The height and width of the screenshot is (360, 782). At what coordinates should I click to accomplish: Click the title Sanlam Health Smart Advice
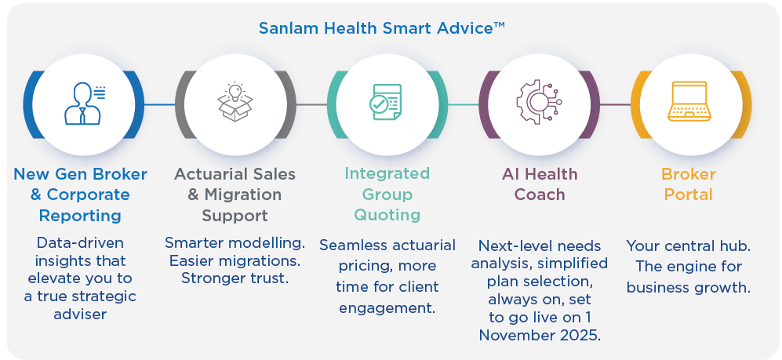point(382,28)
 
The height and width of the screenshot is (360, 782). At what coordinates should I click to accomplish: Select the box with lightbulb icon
point(235,102)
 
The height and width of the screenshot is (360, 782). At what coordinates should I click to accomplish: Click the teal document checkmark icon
point(385,102)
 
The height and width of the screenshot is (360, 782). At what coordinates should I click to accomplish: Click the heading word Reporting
point(80,216)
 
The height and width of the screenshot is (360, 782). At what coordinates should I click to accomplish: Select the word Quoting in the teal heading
point(387,215)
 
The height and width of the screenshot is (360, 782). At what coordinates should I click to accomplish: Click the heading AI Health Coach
point(540,184)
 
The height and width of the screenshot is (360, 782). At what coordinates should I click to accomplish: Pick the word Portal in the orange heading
point(689,195)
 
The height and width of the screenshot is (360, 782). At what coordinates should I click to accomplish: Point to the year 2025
point(579,335)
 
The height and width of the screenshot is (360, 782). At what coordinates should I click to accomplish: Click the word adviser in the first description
point(80,315)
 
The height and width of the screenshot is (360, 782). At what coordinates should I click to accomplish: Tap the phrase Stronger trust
point(235,278)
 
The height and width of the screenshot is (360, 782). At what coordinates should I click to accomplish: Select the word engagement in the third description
point(387,307)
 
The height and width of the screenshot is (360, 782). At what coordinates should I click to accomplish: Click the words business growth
point(689,288)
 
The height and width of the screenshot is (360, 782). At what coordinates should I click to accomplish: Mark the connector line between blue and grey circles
point(159,104)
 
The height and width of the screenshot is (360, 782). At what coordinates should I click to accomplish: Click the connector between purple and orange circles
point(616,104)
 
